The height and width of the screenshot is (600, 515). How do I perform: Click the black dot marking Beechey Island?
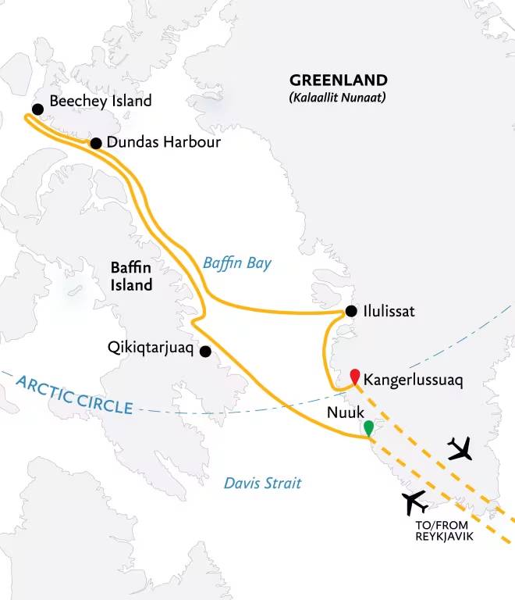pos(37,109)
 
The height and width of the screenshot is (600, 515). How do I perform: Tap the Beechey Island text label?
pos(100,102)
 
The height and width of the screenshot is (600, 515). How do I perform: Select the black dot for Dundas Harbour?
pos(96,143)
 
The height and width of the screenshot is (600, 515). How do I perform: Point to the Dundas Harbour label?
pos(165,143)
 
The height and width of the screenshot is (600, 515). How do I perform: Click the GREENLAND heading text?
pos(338,80)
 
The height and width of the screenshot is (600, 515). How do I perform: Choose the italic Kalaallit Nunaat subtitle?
pos(338,98)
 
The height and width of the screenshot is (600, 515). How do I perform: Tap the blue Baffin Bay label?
pos(237,263)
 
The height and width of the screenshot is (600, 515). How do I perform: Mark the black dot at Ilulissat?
pos(351,310)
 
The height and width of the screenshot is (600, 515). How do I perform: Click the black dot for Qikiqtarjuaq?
pos(205,352)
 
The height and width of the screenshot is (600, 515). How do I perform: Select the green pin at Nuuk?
pos(368,428)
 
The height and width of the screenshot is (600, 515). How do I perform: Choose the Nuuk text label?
pos(343,409)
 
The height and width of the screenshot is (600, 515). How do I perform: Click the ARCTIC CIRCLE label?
pos(73,391)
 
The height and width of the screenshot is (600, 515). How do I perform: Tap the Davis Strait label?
pos(262,484)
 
